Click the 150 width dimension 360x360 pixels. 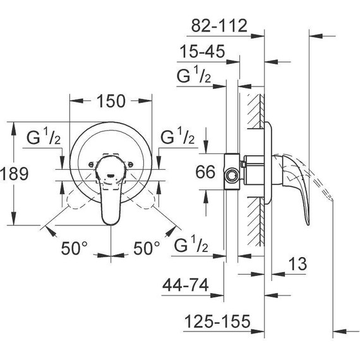111,100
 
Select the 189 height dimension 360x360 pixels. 15,174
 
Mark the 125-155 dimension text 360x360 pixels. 217,322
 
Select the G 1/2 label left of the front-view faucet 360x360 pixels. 44,136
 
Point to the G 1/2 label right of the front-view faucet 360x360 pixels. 177,136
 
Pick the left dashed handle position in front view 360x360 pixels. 74,201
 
